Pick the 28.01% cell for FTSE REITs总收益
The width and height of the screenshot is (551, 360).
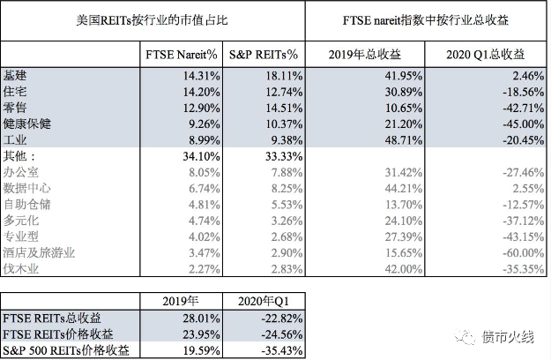click(195, 318)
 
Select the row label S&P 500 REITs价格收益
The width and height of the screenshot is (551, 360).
click(66, 350)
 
